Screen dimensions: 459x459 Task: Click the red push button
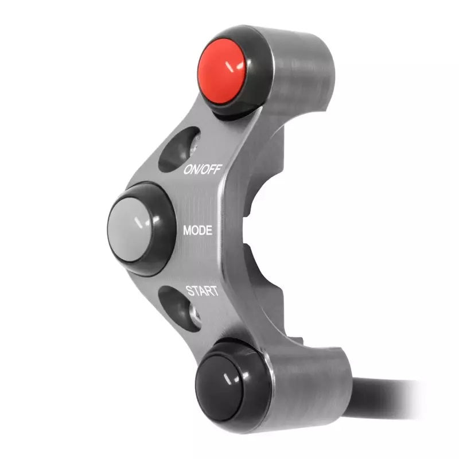click(x=223, y=71)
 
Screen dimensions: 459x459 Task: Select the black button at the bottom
click(x=227, y=380)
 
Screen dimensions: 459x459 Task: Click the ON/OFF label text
click(x=203, y=169)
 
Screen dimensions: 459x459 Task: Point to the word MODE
click(x=197, y=231)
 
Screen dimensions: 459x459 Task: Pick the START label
click(x=201, y=290)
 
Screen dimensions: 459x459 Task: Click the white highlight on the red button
click(x=233, y=67)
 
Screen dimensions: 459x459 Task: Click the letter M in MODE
click(x=187, y=231)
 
